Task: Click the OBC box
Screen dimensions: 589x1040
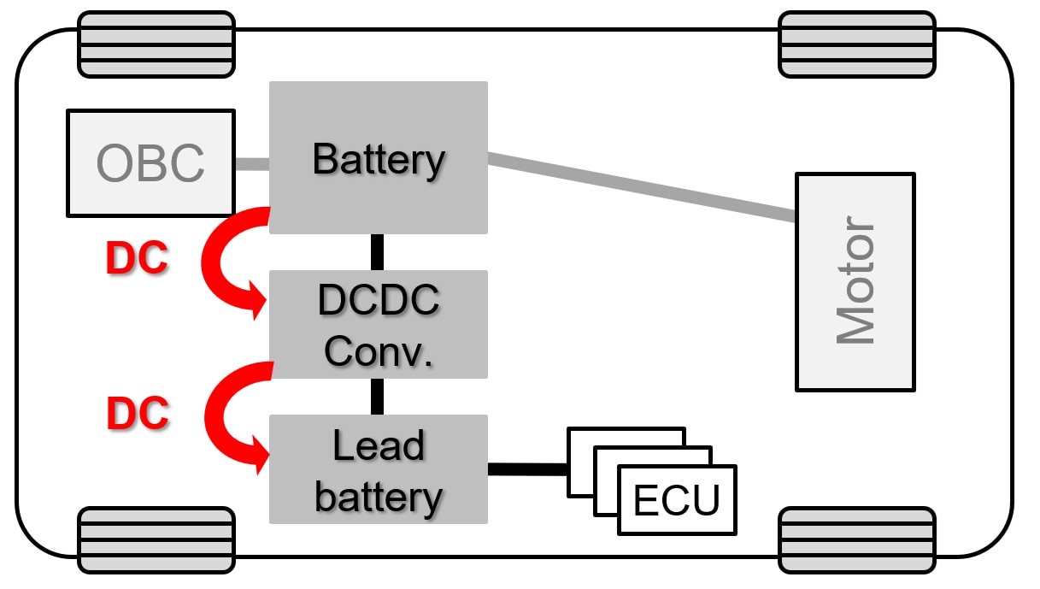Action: (x=150, y=162)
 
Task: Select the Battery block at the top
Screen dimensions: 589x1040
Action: (x=379, y=158)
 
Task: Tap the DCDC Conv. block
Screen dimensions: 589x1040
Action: (x=379, y=325)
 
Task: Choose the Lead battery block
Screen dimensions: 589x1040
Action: (x=379, y=469)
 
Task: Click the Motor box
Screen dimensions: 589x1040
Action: (x=855, y=282)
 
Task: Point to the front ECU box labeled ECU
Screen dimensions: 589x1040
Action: (x=676, y=501)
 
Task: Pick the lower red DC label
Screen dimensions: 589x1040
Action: (x=138, y=414)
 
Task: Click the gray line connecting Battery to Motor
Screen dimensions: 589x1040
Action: (x=641, y=187)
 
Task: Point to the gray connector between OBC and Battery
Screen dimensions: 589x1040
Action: (x=252, y=163)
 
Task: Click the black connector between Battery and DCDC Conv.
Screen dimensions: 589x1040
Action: (x=377, y=252)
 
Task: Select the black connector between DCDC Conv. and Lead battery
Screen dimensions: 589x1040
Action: (x=377, y=397)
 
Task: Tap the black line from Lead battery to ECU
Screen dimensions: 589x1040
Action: (x=527, y=468)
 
